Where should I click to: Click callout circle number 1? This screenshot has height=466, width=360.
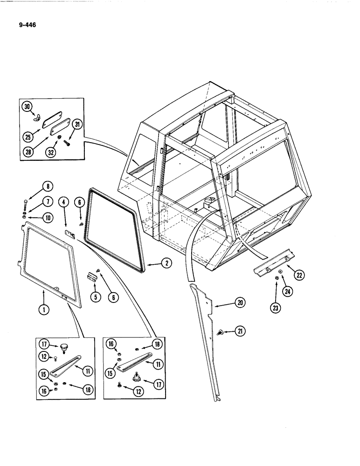point(43,308)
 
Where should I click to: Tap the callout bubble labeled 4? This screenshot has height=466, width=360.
point(64,202)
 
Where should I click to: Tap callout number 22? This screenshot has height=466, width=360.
point(299,275)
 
